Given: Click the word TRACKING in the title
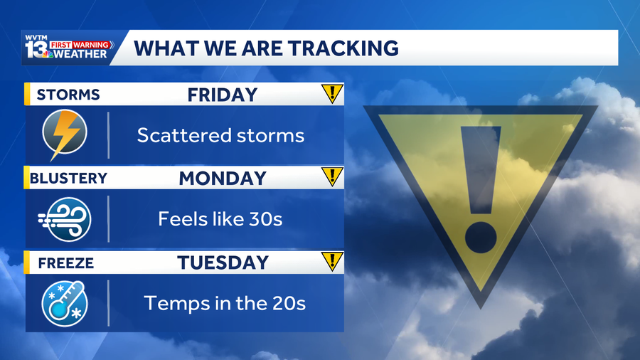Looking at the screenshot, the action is tap(343, 48).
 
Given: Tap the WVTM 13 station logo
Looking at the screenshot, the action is tap(68, 47).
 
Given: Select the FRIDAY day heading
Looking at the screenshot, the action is tap(223, 95).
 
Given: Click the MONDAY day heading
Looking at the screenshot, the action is tap(223, 179).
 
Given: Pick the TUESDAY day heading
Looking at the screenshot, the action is tap(223, 263).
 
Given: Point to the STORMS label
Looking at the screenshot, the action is tap(68, 95).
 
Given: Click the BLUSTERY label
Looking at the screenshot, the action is tap(68, 179).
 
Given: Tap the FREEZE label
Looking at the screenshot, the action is tap(65, 263).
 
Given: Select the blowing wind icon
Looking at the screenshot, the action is tap(65, 219).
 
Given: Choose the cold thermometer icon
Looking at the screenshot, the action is tap(65, 303).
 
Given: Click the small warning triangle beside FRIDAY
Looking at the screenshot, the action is tap(332, 93).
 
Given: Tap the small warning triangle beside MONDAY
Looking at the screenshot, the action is tap(332, 176).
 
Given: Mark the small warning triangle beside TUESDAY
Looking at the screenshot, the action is tap(332, 261).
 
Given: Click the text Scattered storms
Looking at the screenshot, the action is tap(221, 135).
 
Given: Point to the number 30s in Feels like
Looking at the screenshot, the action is tap(266, 219).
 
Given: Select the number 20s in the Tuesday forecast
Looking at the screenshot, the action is tap(289, 303).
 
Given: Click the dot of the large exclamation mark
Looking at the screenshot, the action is tap(481, 237).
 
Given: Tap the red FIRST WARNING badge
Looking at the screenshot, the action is tap(80, 45).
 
